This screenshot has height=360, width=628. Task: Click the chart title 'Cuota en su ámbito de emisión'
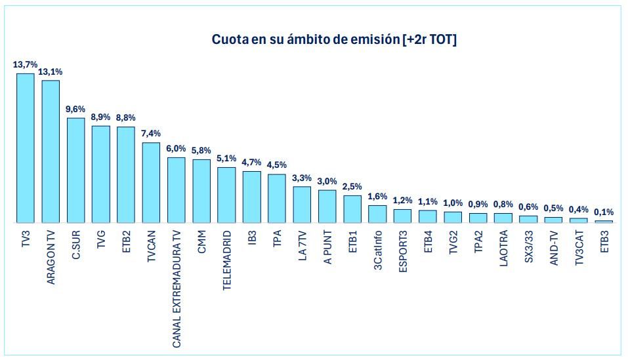[x=334, y=40]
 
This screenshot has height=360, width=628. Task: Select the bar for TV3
[x=26, y=148]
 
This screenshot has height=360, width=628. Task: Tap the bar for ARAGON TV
[x=51, y=151]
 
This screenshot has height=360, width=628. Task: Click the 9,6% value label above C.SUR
[x=75, y=110]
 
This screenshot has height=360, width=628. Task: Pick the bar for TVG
[x=100, y=174]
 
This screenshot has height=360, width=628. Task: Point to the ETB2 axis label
[x=126, y=241]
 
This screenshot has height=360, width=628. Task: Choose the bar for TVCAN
[x=151, y=182]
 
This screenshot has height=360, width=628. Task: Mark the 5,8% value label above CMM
[x=201, y=151]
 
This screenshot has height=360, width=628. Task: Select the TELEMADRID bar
[x=226, y=195]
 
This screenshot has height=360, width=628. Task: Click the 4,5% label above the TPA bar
[x=277, y=165]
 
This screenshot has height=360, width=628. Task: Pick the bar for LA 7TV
[x=302, y=205]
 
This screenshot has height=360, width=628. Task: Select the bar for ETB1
[x=352, y=209]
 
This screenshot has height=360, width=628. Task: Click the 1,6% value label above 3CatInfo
[x=377, y=197]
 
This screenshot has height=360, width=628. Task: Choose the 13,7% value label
[x=26, y=64]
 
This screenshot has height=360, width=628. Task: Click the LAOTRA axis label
[x=503, y=247]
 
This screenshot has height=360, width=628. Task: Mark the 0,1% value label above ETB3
[x=604, y=212]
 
